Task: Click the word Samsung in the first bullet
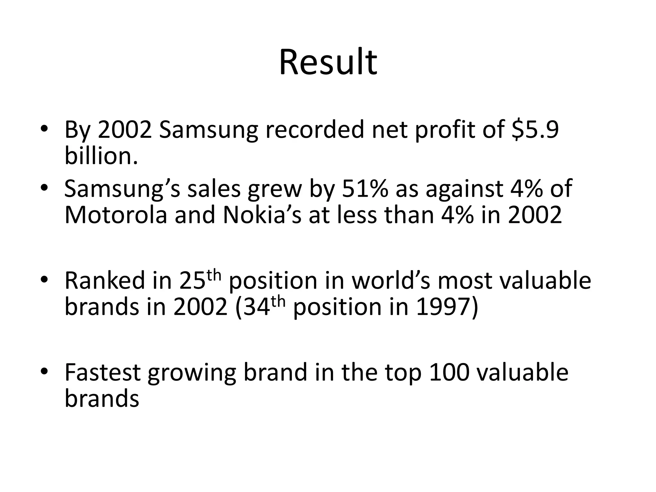(208, 130)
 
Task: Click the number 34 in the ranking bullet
(257, 307)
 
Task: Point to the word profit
(445, 130)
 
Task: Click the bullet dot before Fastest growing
(44, 371)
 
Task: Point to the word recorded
(315, 129)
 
